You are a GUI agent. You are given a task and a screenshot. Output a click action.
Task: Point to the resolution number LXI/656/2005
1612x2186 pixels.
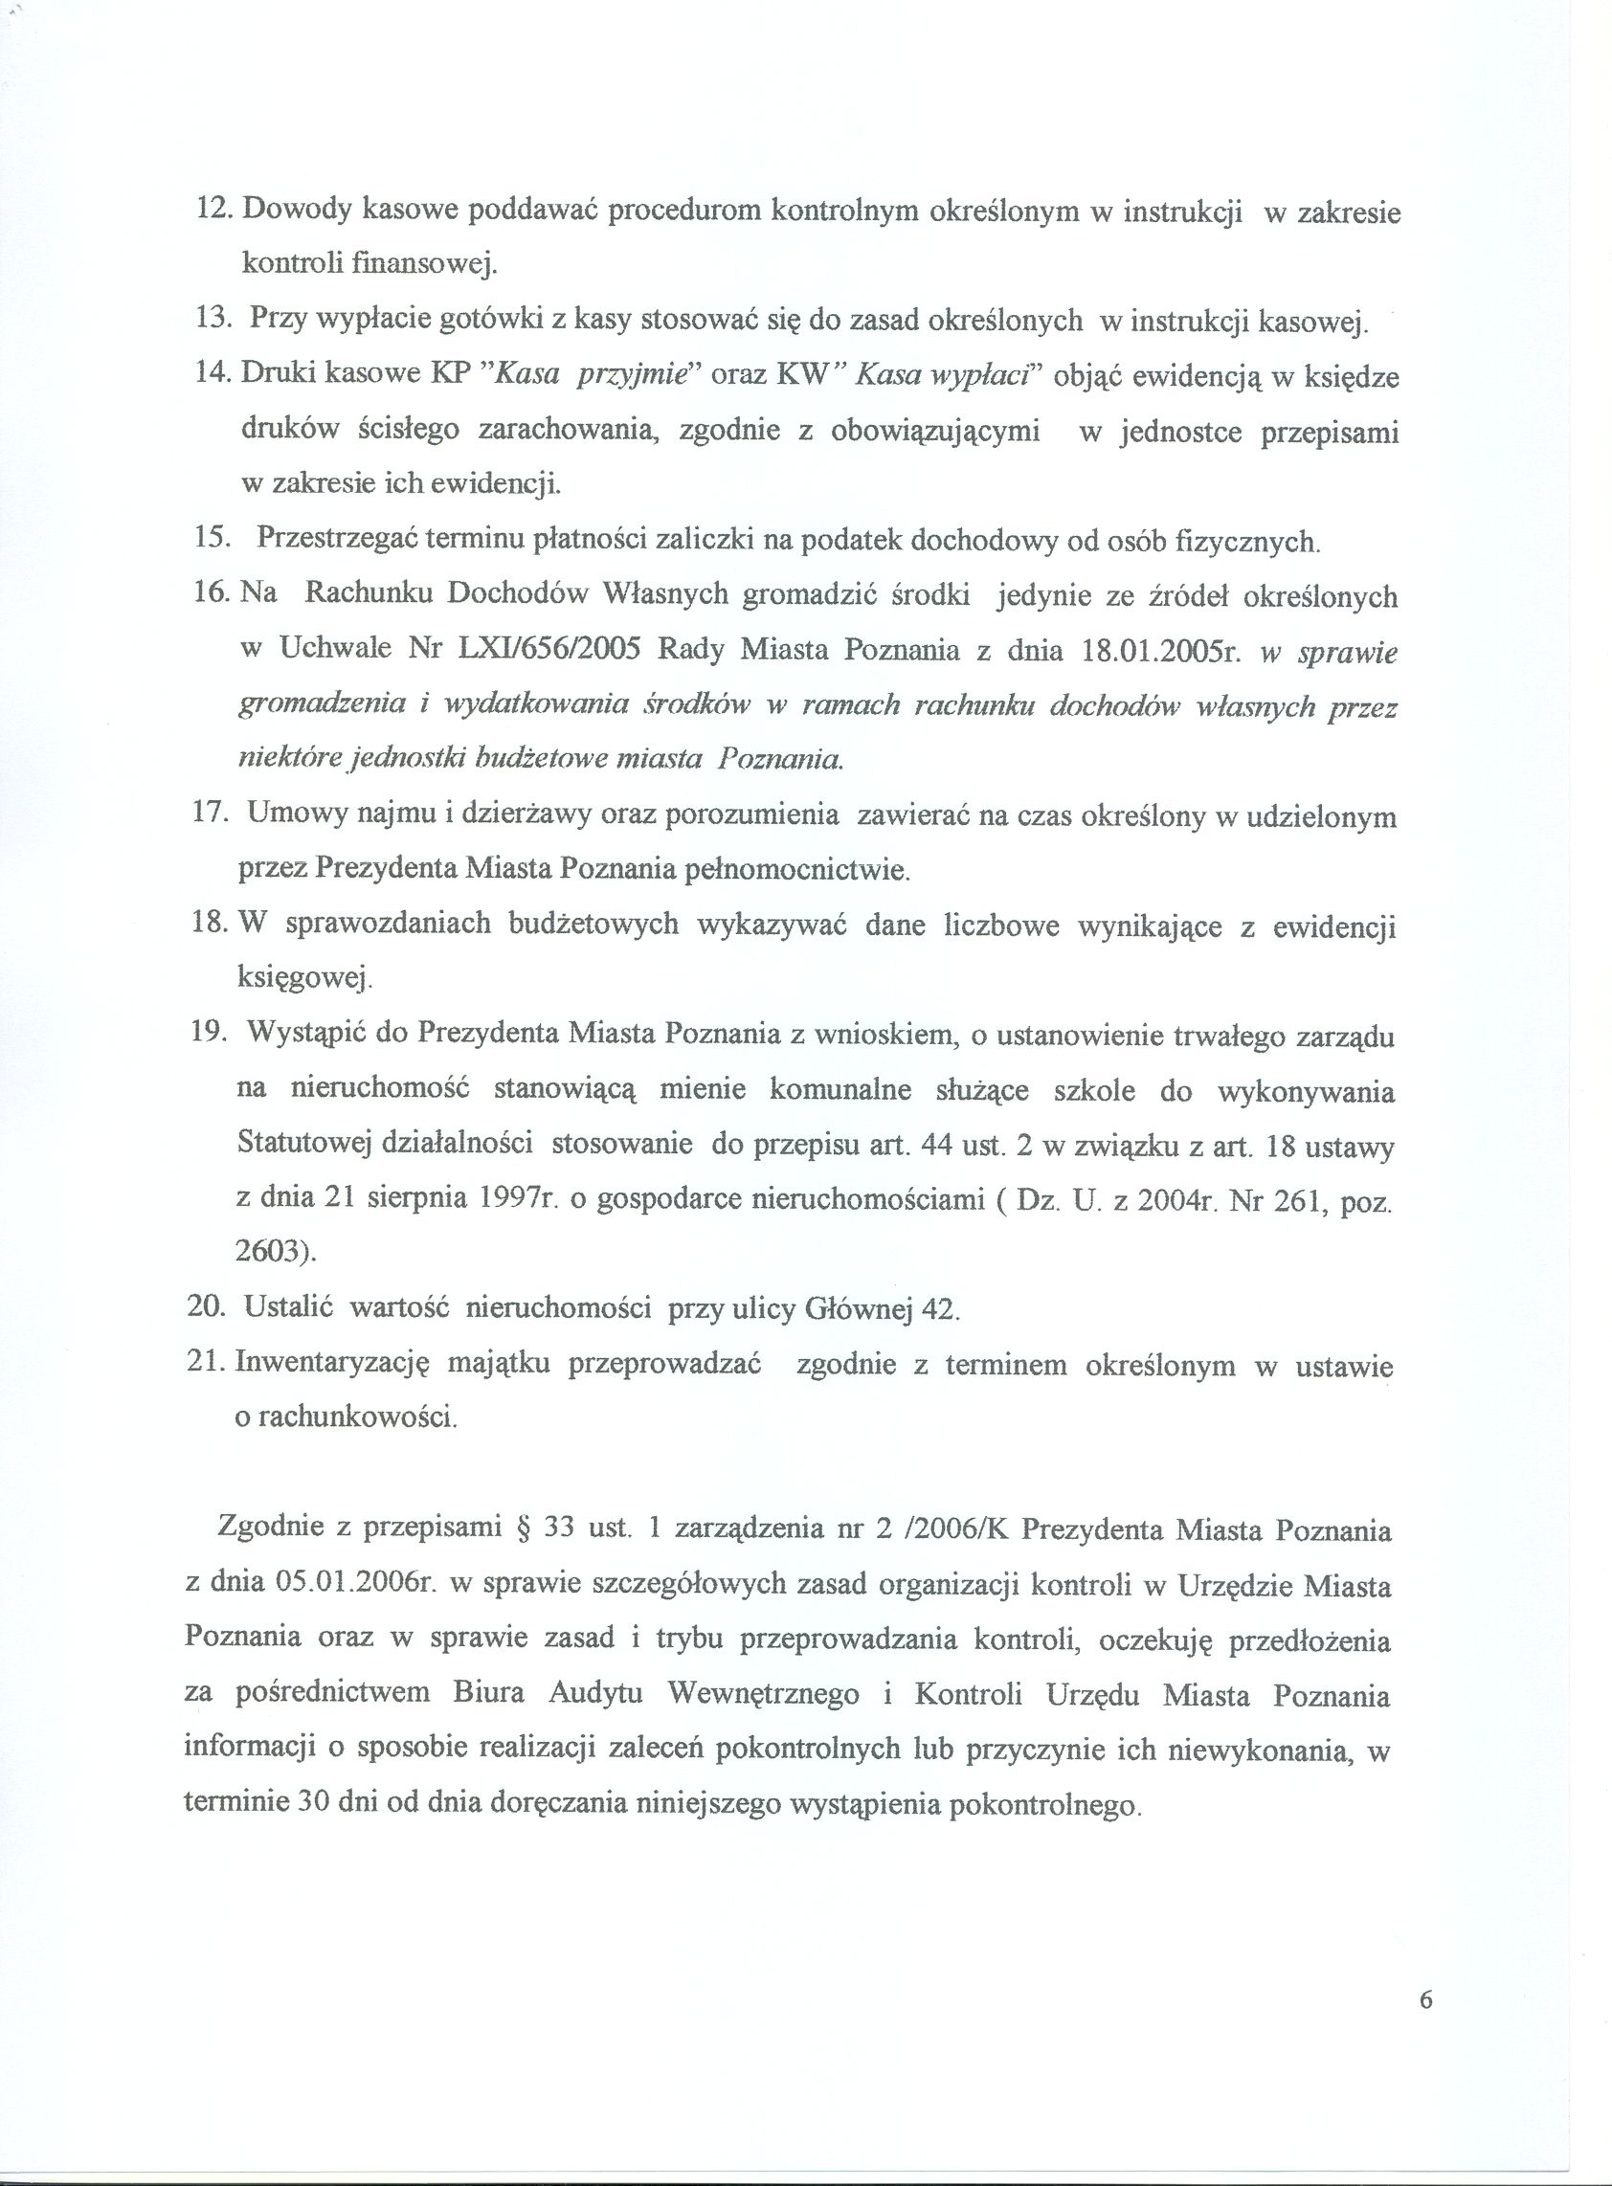tap(549, 650)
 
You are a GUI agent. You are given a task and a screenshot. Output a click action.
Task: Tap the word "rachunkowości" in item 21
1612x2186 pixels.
tap(357, 1417)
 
